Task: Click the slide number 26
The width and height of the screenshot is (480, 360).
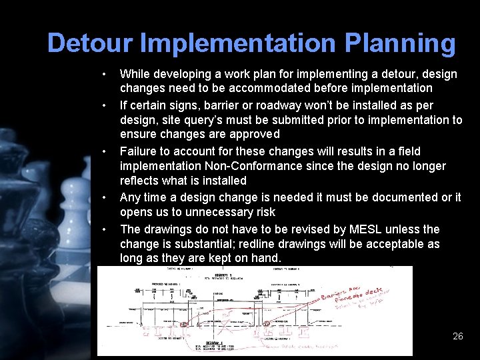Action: (457, 336)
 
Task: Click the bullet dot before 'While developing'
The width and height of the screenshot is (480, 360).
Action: (105, 73)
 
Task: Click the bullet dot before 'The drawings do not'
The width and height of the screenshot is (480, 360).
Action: (105, 229)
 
